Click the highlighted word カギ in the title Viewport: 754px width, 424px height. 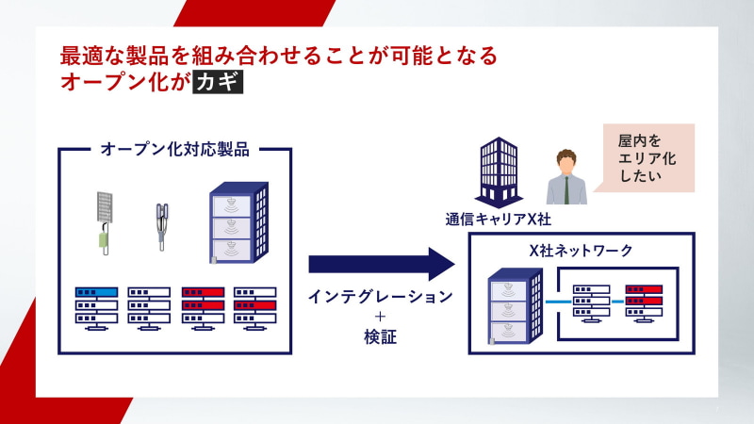coord(217,82)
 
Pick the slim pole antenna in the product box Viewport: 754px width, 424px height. coord(162,227)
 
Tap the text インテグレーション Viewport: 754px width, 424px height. coord(380,297)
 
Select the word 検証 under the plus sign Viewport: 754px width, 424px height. coord(380,337)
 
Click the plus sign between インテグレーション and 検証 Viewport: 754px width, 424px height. coord(380,318)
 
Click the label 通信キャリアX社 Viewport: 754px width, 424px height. coord(498,219)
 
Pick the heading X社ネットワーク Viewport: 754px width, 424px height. coord(582,251)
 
